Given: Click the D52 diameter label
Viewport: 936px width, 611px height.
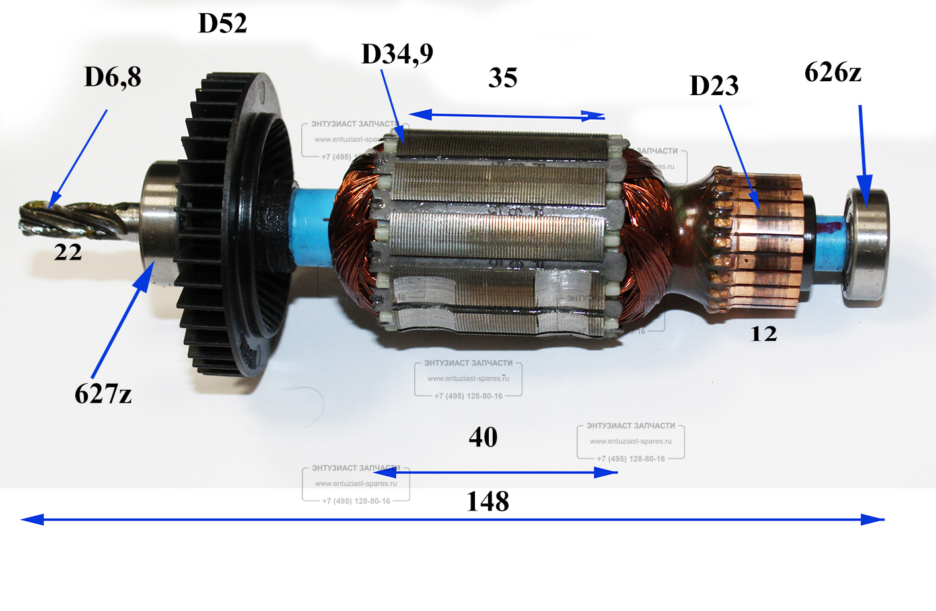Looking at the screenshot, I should click(223, 24).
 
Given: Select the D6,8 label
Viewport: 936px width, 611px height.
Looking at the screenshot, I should click(112, 77).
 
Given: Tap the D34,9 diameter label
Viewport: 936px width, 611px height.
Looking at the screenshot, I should click(397, 54).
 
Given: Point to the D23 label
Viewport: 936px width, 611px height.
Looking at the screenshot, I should click(714, 86).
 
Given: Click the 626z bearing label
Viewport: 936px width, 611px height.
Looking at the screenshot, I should click(832, 73).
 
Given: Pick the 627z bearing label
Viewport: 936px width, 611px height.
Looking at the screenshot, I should click(103, 394).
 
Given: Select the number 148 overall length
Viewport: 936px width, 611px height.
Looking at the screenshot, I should click(487, 502).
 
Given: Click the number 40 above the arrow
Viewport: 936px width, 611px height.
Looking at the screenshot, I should click(483, 437).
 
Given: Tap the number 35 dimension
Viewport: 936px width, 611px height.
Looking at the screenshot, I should click(503, 78).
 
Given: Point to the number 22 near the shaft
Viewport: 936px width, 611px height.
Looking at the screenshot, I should click(68, 252).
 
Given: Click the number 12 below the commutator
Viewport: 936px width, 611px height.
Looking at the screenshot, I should click(764, 334).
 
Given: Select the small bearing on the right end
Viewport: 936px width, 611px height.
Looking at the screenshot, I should click(865, 246).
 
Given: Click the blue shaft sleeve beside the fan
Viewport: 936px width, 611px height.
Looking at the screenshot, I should click(310, 225).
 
